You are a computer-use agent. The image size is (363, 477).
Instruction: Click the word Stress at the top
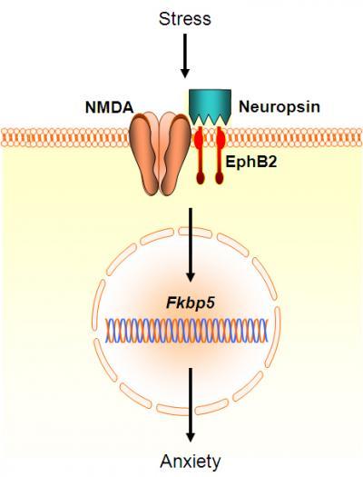(185, 19)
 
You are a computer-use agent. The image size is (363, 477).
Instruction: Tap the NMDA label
(110, 107)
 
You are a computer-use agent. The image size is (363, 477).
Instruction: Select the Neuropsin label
(280, 107)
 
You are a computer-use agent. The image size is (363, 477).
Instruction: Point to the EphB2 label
(251, 162)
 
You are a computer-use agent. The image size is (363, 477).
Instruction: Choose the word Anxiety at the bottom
(191, 462)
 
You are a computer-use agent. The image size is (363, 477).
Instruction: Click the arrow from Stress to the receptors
(185, 55)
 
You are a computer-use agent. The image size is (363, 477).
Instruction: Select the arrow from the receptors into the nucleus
(191, 245)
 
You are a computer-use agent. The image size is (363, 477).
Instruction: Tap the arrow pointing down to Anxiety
(191, 404)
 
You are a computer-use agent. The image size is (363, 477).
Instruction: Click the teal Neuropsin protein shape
(210, 106)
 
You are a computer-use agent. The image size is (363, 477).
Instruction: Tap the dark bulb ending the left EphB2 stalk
(200, 178)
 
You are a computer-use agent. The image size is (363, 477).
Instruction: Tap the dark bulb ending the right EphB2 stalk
(220, 178)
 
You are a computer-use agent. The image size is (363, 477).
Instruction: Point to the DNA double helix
(187, 331)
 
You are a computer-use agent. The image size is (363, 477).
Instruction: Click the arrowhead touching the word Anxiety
(191, 437)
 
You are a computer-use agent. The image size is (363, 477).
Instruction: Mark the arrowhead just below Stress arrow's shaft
(185, 74)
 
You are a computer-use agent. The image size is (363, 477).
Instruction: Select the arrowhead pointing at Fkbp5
(191, 277)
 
